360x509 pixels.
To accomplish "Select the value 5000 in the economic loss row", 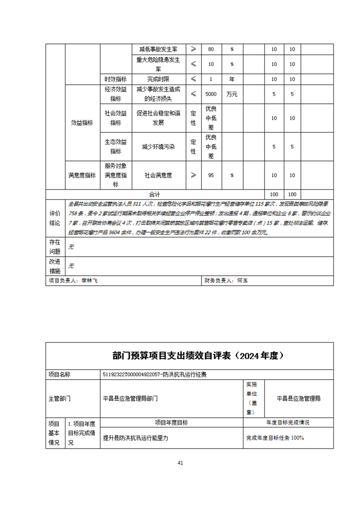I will coord(211,94).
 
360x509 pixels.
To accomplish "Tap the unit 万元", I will coord(232,94).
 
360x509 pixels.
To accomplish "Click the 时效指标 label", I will coord(115,79).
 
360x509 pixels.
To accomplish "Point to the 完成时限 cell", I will coord(158,79).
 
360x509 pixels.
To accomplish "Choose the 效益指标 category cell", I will coord(82,122).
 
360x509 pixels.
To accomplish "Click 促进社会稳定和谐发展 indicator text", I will coord(158,118).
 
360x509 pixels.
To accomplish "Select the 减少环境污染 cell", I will coord(158,147).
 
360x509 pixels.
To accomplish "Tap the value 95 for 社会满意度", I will coord(211,175).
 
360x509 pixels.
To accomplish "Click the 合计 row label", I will coord(155,194).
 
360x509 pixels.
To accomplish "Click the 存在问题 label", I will coord(54,247).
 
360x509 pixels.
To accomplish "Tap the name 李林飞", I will coord(89,281).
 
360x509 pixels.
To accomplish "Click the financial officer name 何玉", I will coord(242,281).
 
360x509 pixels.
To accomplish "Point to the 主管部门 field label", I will coord(59,399).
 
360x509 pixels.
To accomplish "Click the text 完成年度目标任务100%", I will coord(275,438).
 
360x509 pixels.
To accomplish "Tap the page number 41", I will coord(180,463).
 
